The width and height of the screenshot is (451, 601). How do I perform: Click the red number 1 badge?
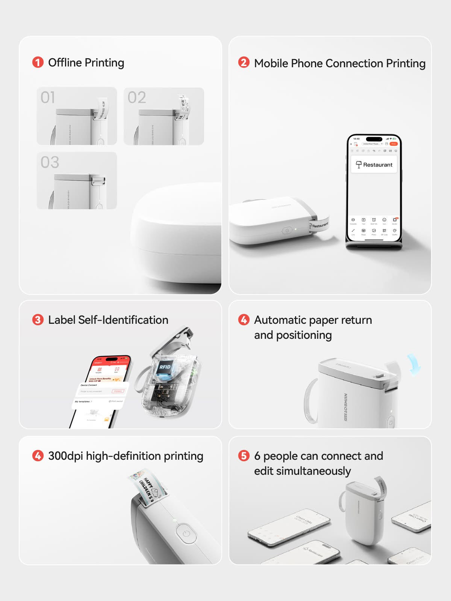(38, 62)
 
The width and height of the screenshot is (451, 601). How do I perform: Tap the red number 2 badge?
(244, 62)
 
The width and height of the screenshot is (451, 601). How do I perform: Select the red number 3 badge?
(38, 320)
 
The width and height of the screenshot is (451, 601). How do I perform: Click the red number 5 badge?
(244, 456)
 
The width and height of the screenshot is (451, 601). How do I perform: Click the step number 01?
(48, 98)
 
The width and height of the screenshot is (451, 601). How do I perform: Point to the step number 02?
(136, 98)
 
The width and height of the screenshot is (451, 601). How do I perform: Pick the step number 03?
(50, 162)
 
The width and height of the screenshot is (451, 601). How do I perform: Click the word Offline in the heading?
(65, 62)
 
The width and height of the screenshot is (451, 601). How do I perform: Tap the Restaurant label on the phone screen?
(374, 165)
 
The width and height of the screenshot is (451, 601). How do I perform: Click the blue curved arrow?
(414, 364)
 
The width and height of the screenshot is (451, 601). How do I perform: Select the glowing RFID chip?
(165, 367)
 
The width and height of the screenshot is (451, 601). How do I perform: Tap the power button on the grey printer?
(186, 533)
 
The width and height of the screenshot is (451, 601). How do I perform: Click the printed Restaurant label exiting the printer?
(319, 225)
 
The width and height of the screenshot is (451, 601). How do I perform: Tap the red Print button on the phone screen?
(393, 144)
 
